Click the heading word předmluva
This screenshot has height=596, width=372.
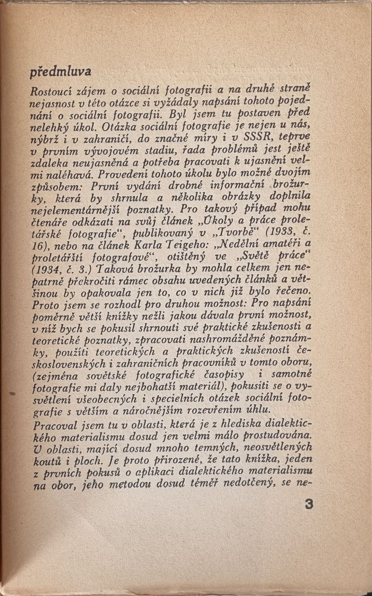pyautogui.click(x=61, y=72)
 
